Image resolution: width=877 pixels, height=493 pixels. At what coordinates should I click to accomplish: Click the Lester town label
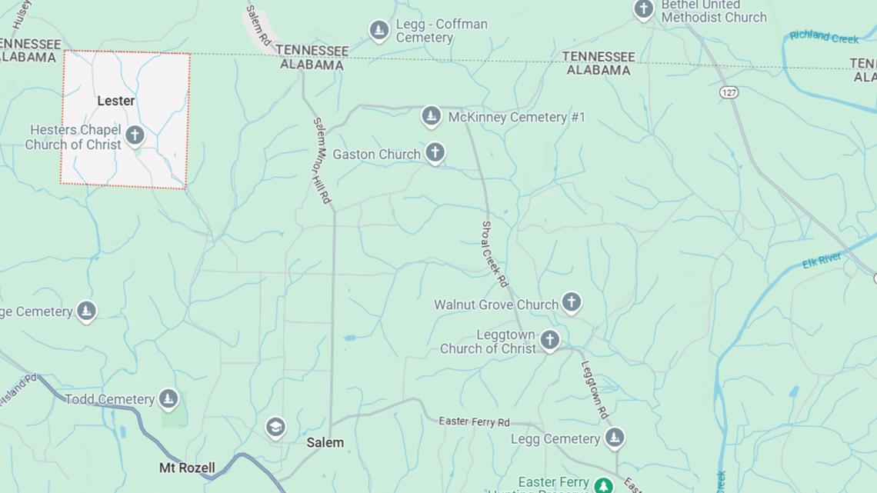115,101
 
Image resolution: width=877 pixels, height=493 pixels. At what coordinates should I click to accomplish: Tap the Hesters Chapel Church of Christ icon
135,136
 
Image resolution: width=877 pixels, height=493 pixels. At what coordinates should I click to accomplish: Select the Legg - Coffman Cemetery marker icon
378,30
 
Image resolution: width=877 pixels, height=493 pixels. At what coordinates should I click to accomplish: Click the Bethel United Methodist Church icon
643,9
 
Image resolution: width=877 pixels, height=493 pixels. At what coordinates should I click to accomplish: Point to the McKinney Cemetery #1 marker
431,117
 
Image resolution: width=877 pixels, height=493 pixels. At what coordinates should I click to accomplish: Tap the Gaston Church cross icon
435,152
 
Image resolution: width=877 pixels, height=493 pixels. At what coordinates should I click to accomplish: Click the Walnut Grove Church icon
571,301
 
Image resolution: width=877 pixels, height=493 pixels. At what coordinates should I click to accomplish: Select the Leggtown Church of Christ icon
549,339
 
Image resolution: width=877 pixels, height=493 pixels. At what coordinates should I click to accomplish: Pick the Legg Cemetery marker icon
614,438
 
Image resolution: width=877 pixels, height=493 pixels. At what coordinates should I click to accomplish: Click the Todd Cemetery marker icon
168,398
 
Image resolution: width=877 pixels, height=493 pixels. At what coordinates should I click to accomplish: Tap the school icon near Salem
275,427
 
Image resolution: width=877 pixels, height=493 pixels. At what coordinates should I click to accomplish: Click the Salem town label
325,443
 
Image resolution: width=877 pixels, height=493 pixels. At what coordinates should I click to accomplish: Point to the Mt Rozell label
187,468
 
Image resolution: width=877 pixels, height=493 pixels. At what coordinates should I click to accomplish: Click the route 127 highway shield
729,92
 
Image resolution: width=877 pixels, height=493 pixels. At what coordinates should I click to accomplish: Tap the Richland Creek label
824,36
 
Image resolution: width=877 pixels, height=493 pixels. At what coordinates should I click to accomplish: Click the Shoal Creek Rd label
495,254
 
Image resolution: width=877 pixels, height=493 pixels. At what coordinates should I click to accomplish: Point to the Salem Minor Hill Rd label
322,160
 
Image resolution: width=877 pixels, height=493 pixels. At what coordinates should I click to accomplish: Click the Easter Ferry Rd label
474,421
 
